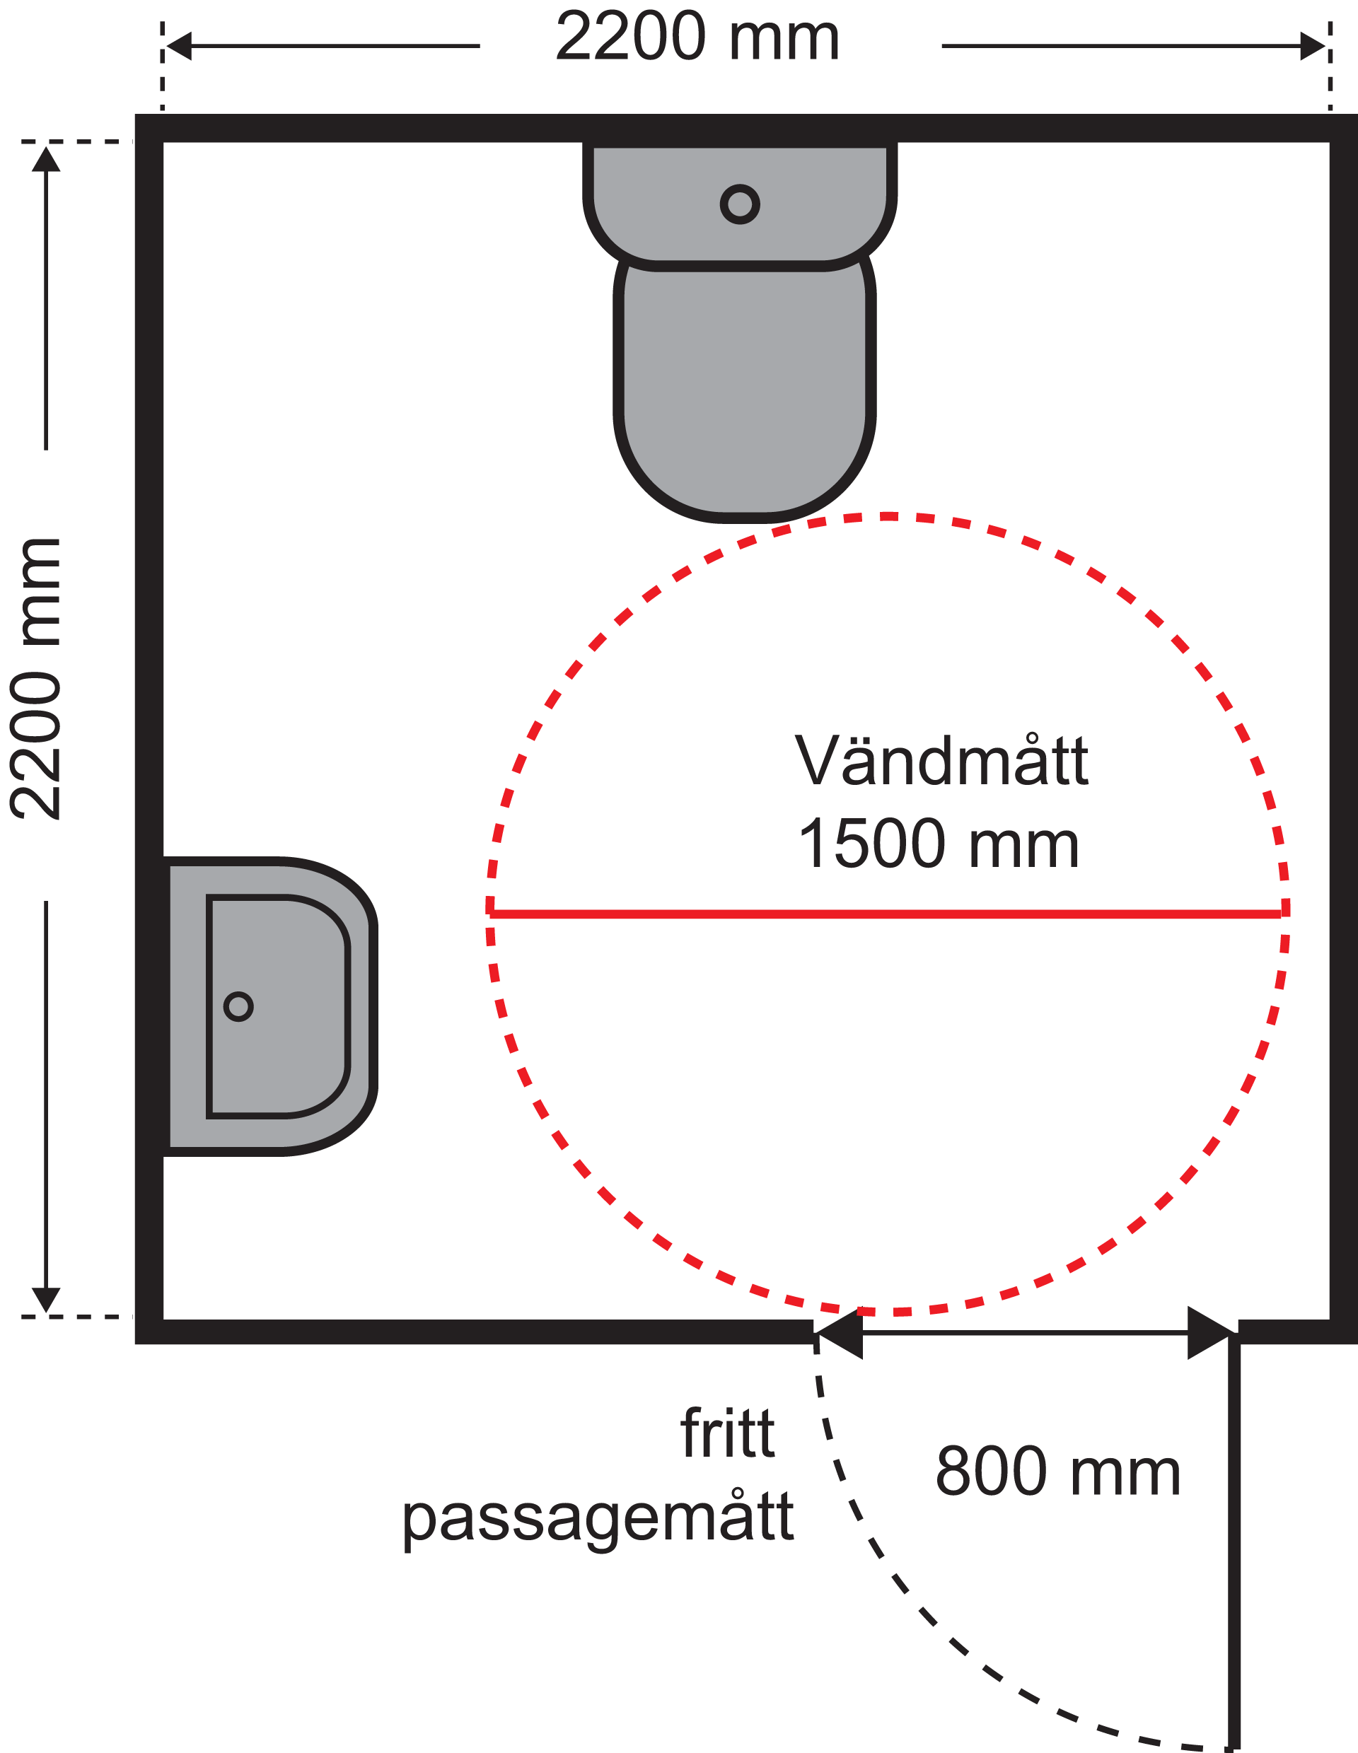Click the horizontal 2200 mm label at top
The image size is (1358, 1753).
click(x=697, y=37)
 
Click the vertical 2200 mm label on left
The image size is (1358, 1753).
click(x=37, y=679)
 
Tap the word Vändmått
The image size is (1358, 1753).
click(x=941, y=761)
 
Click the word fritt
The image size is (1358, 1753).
click(x=726, y=1433)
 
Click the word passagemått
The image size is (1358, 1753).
click(x=597, y=1519)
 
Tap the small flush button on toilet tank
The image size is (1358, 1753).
click(x=739, y=204)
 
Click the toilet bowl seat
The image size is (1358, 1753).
click(x=744, y=393)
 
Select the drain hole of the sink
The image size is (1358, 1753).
click(x=238, y=1006)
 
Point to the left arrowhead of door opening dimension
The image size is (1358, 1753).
click(x=840, y=1334)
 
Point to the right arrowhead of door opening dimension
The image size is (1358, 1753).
click(x=1210, y=1334)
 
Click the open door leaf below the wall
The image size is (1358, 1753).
click(x=1234, y=1541)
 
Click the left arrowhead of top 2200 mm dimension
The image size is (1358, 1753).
click(x=178, y=46)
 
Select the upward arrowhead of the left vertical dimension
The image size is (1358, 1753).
click(x=46, y=159)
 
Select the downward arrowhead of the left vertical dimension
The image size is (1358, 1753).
click(x=46, y=1300)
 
